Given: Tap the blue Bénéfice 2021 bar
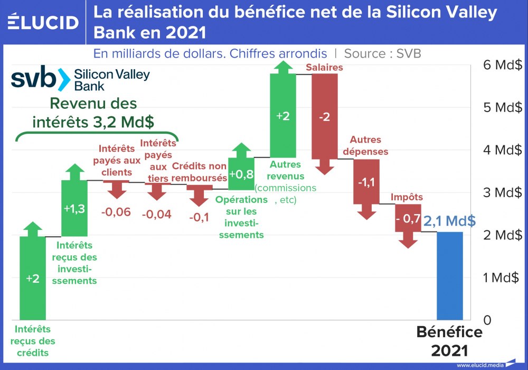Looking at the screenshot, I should tap(450, 275).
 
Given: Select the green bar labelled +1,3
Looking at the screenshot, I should tap(74, 209).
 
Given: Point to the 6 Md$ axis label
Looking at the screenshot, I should tap(502, 65).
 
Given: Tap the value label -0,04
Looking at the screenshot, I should tap(157, 214).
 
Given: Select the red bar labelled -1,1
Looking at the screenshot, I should tap(366, 182).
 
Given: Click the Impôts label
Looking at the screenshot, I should tap(407, 198).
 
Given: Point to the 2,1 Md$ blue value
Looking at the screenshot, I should tap(449, 221).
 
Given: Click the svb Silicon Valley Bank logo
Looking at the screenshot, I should tap(80, 79).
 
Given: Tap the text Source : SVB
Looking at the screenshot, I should tap(382, 53).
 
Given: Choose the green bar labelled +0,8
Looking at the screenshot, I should tap(241, 173).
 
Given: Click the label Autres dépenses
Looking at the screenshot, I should tap(369, 146).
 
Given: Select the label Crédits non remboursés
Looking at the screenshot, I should tap(199, 172).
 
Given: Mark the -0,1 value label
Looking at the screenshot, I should tap(199, 217).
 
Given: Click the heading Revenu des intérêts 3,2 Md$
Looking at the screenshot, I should tap(93, 112).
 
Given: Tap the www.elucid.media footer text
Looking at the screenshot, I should tap(480, 365).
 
